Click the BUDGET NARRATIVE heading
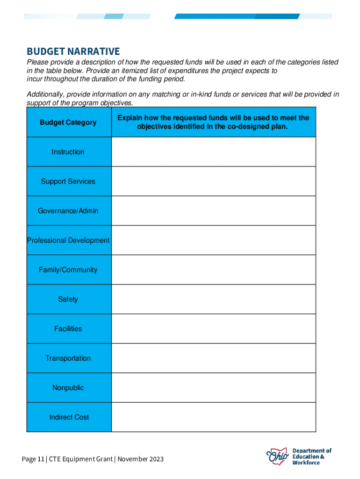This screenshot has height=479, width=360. [x=73, y=51]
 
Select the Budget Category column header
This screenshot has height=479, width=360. [x=68, y=123]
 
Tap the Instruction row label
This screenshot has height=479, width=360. [x=68, y=152]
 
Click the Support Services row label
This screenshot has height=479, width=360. [x=68, y=181]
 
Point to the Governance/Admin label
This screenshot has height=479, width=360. [x=68, y=211]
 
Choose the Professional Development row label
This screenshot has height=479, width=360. [x=68, y=240]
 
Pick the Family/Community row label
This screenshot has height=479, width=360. [x=68, y=270]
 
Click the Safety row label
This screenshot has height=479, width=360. [x=68, y=299]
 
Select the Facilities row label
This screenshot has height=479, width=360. [x=68, y=329]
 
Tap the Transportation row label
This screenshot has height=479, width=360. [x=68, y=358]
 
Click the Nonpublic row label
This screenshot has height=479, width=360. [x=68, y=388]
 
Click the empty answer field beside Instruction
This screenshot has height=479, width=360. [x=214, y=152]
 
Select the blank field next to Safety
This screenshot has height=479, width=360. [x=214, y=299]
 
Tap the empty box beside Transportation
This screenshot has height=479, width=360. [x=214, y=358]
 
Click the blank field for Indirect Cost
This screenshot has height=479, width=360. [x=214, y=417]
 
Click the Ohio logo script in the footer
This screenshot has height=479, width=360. [x=278, y=456]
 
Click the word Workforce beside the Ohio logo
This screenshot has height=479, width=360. [x=306, y=463]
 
